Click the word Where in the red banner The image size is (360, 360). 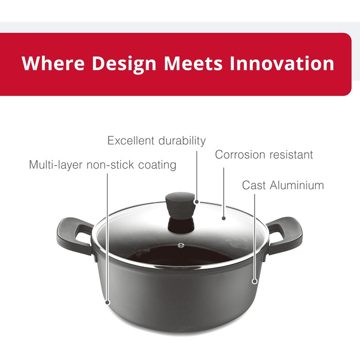pyautogui.click(x=53, y=63)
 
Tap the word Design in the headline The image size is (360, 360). pyautogui.click(x=124, y=64)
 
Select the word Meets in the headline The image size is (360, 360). pyautogui.click(x=193, y=63)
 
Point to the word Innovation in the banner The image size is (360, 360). pyautogui.click(x=282, y=63)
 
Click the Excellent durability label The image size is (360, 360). pyautogui.click(x=156, y=141)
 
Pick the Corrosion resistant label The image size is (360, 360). pyautogui.click(x=264, y=154)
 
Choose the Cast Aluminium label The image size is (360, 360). pyautogui.click(x=283, y=185)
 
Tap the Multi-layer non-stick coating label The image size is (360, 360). pyautogui.click(x=103, y=165)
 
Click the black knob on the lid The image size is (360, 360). pyautogui.click(x=181, y=212)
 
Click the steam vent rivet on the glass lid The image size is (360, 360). pyautogui.click(x=181, y=245)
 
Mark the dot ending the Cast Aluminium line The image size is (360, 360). pyautogui.click(x=255, y=281)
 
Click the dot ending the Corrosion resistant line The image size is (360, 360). pyautogui.click(x=224, y=218)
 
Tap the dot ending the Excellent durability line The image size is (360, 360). pyautogui.click(x=196, y=202)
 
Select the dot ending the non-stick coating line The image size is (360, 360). pyautogui.click(x=107, y=302)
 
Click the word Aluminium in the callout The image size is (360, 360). pyautogui.click(x=297, y=185)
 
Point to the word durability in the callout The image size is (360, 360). pyautogui.click(x=182, y=141)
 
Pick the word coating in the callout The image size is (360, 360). pyautogui.click(x=157, y=165)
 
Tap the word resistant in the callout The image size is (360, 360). pyautogui.click(x=291, y=154)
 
